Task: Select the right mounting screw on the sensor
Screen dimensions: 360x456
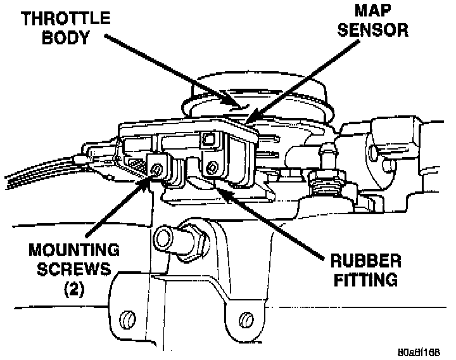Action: click(x=212, y=167)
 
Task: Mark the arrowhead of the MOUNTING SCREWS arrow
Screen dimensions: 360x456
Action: click(x=152, y=180)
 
